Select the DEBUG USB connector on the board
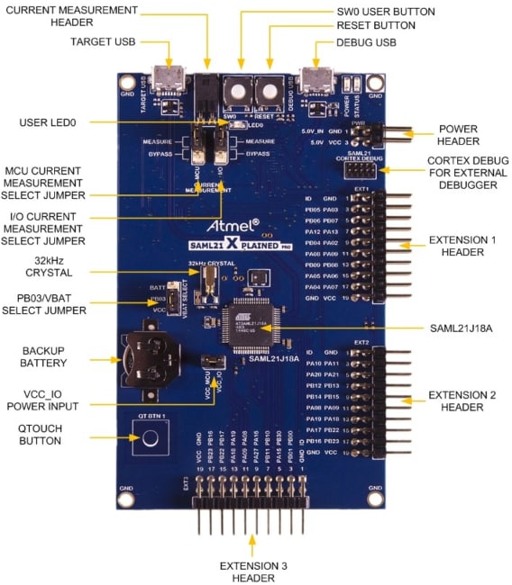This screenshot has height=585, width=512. click(317, 79)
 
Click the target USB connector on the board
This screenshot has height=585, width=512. click(169, 79)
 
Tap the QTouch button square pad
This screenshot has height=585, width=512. click(153, 441)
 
